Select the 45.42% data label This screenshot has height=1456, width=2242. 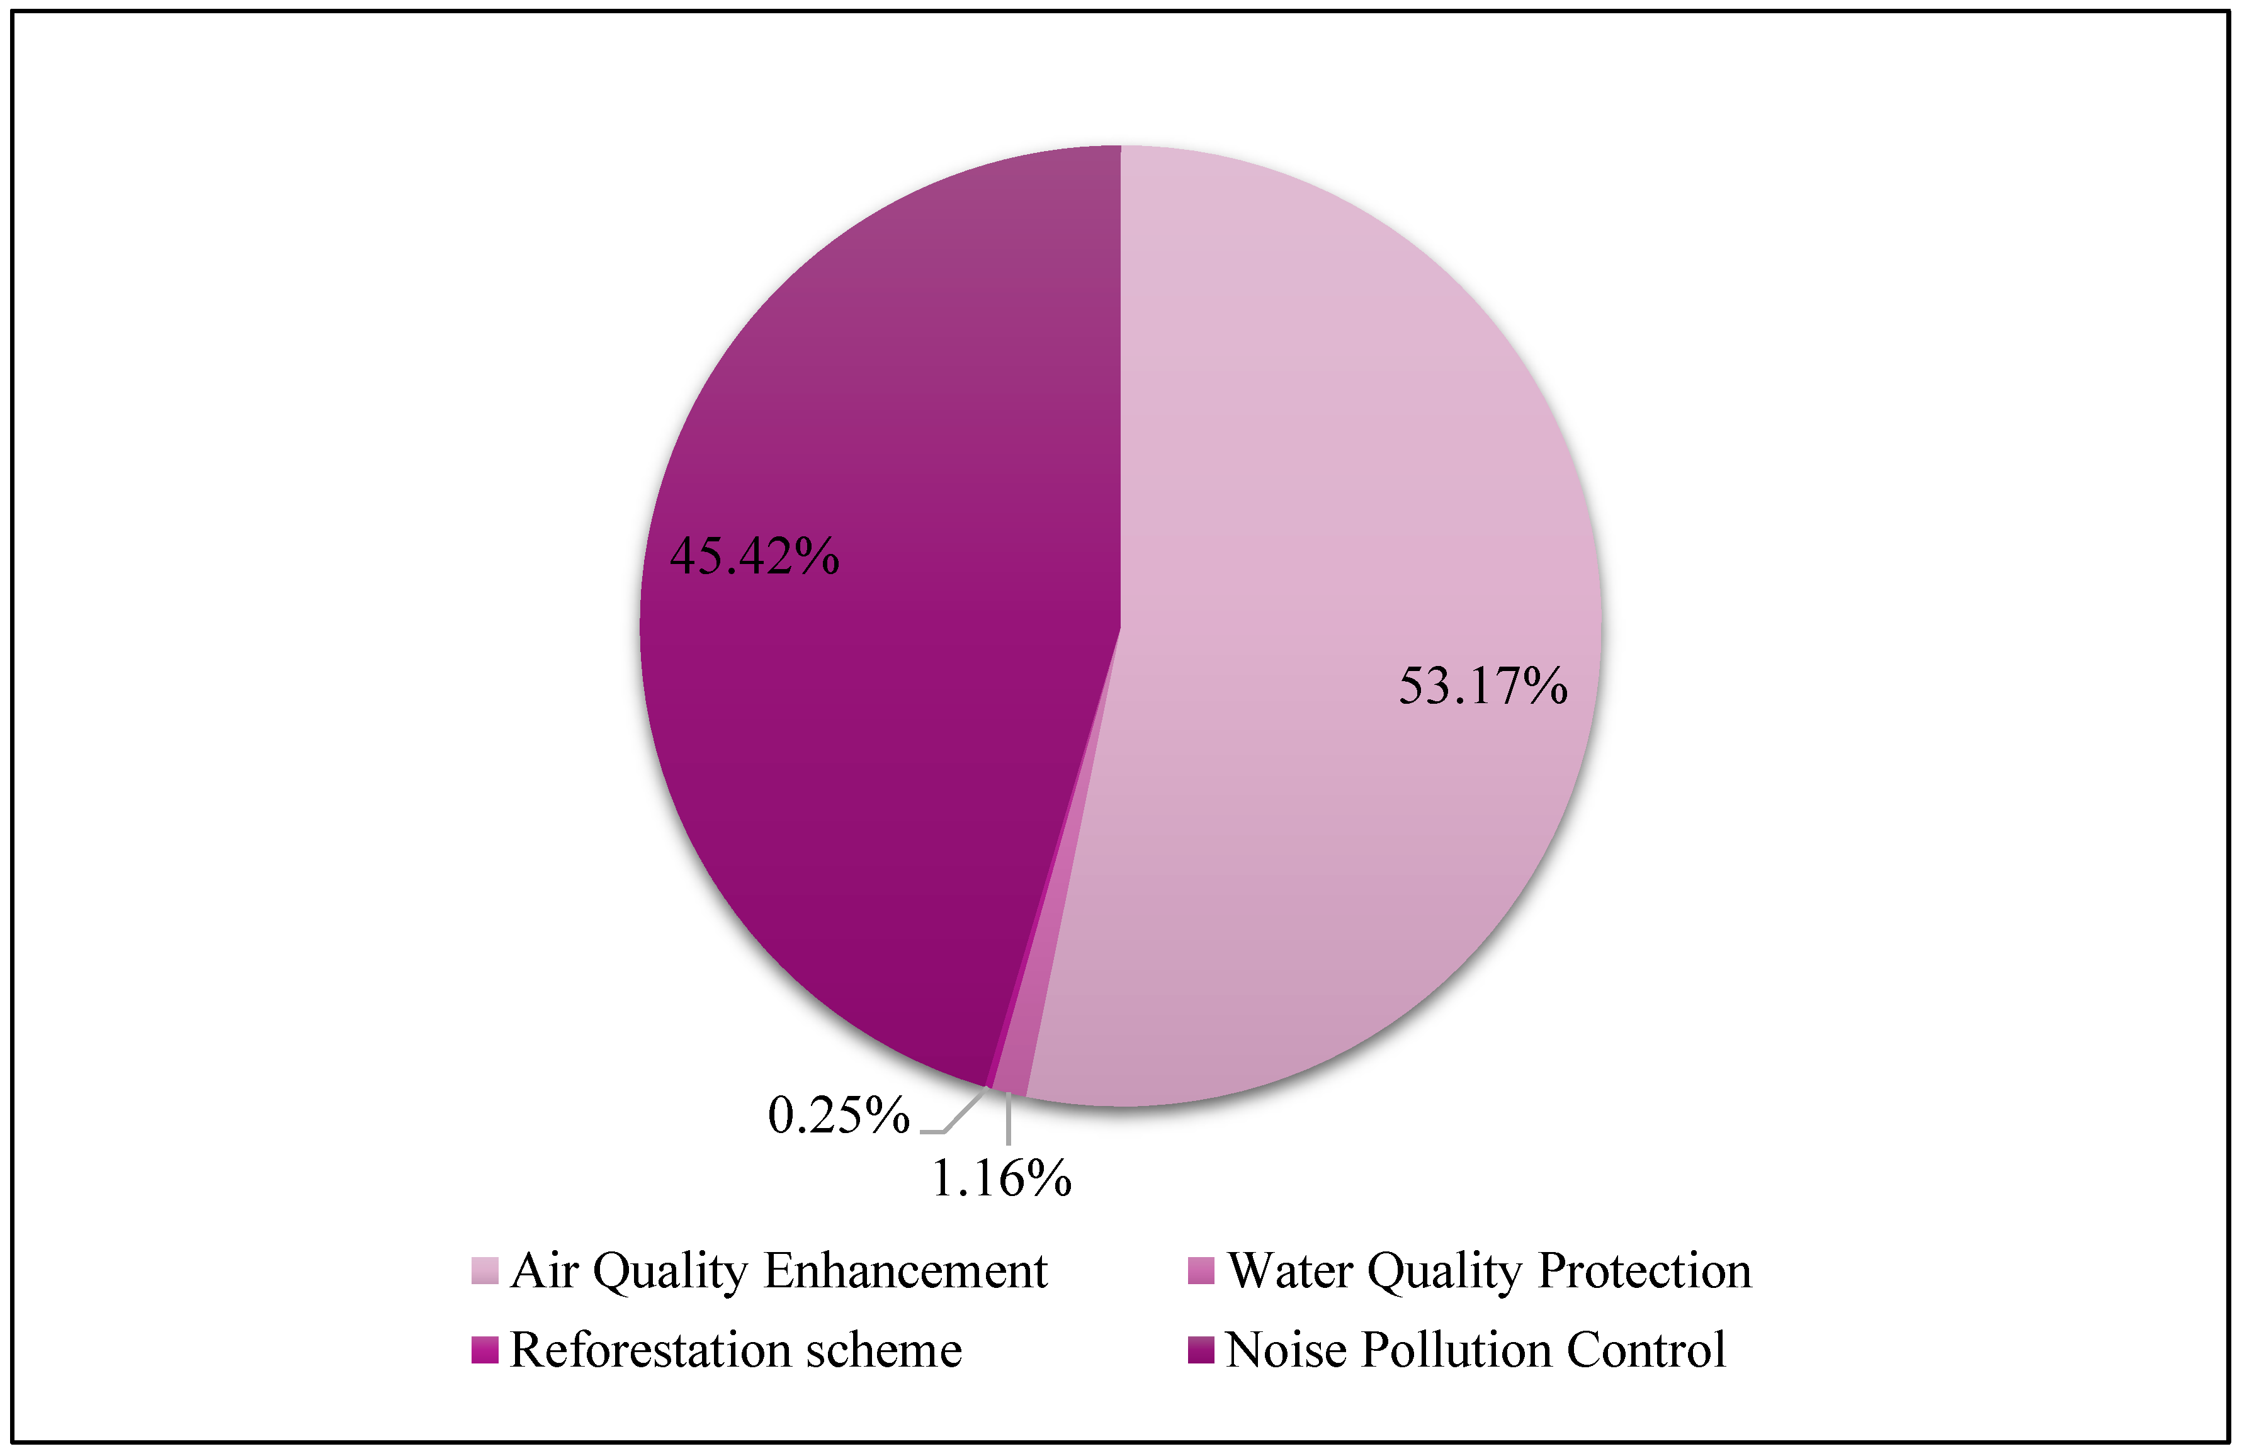[x=754, y=556]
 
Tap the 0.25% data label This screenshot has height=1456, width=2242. [x=837, y=1116]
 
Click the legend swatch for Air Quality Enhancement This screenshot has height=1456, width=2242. [x=484, y=1270]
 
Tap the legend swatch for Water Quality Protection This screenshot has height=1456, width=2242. [x=1201, y=1270]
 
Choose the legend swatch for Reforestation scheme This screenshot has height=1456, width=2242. [x=484, y=1350]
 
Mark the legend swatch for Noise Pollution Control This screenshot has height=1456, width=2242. [x=1201, y=1350]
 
